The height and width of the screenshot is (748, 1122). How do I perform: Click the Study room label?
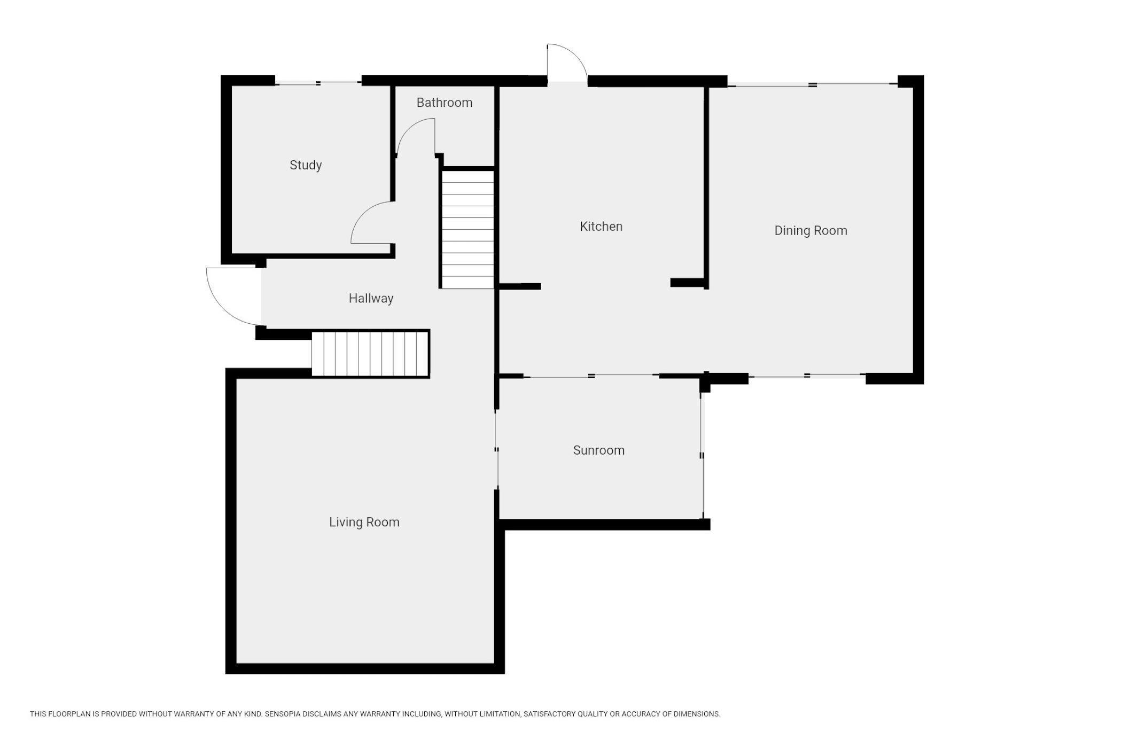pyautogui.click(x=306, y=165)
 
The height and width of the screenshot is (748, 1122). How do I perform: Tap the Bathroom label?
pyautogui.click(x=445, y=103)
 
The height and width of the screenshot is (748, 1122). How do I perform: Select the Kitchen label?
pyautogui.click(x=601, y=227)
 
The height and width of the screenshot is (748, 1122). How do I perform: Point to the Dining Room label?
pyautogui.click(x=811, y=231)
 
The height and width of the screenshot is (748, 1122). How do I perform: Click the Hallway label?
pyautogui.click(x=371, y=299)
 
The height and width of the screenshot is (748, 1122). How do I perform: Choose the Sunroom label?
pyautogui.click(x=599, y=450)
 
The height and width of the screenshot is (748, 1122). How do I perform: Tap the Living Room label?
pyautogui.click(x=364, y=523)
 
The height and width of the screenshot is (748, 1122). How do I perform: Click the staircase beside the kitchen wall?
pyautogui.click(x=467, y=229)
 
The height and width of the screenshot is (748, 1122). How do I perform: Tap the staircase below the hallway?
pyautogui.click(x=370, y=354)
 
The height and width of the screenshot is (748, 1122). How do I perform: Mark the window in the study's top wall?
pyautogui.click(x=318, y=83)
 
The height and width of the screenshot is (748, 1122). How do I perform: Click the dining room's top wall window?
pyautogui.click(x=813, y=84)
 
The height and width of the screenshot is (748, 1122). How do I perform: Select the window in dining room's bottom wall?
pyautogui.click(x=807, y=377)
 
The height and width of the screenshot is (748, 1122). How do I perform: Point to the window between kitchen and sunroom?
pyautogui.click(x=591, y=376)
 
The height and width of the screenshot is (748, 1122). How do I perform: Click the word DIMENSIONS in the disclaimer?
pyautogui.click(x=697, y=714)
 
